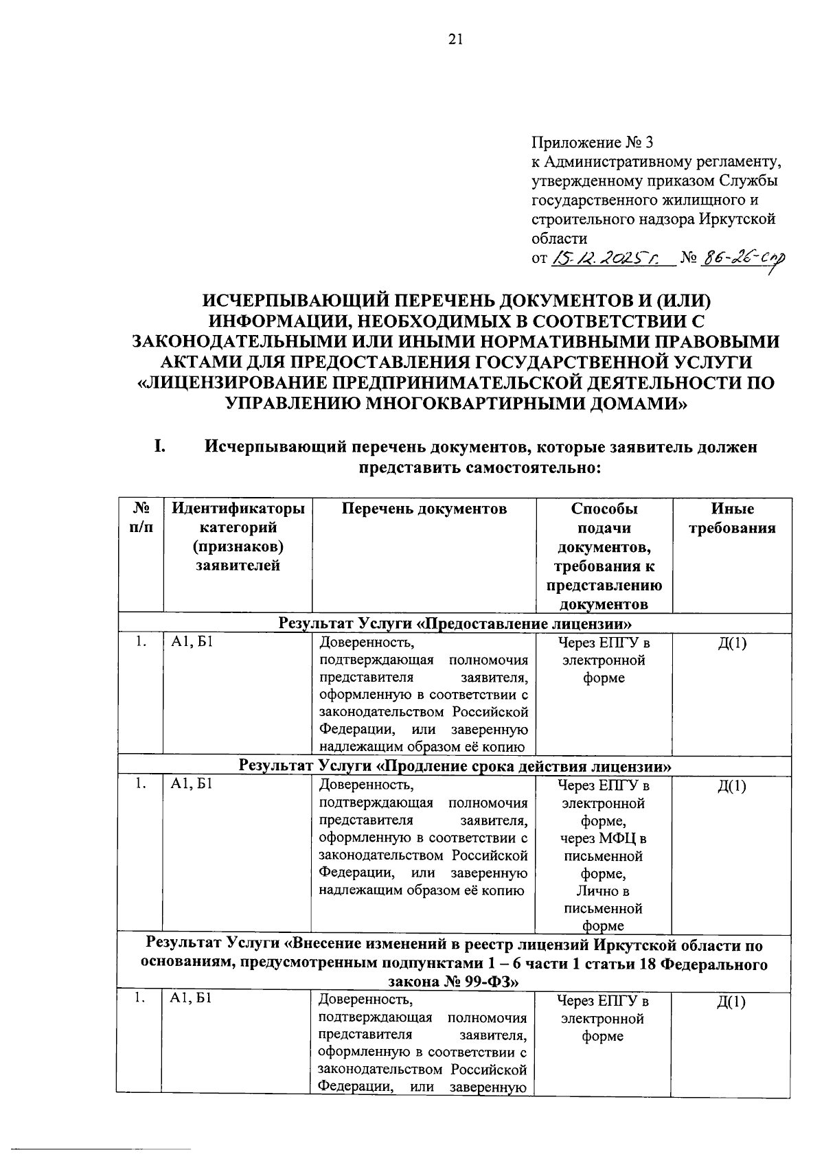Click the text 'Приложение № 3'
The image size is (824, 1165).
point(593,143)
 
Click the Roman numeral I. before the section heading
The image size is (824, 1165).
point(159,446)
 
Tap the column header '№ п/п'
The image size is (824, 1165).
point(141,518)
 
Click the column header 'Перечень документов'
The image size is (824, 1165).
point(424,509)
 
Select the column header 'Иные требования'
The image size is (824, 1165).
point(732,518)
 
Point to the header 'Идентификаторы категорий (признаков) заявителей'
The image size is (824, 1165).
point(238,537)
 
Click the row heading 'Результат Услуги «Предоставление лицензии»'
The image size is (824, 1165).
point(455,623)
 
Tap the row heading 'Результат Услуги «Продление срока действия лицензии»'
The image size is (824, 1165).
point(455,765)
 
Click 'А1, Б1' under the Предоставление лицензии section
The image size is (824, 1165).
point(192,643)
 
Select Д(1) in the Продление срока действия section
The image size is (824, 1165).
point(731,786)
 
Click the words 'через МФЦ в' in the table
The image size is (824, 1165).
point(603,838)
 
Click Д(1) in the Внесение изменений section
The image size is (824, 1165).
point(731,1002)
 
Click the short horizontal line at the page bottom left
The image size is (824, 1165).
point(96,1149)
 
